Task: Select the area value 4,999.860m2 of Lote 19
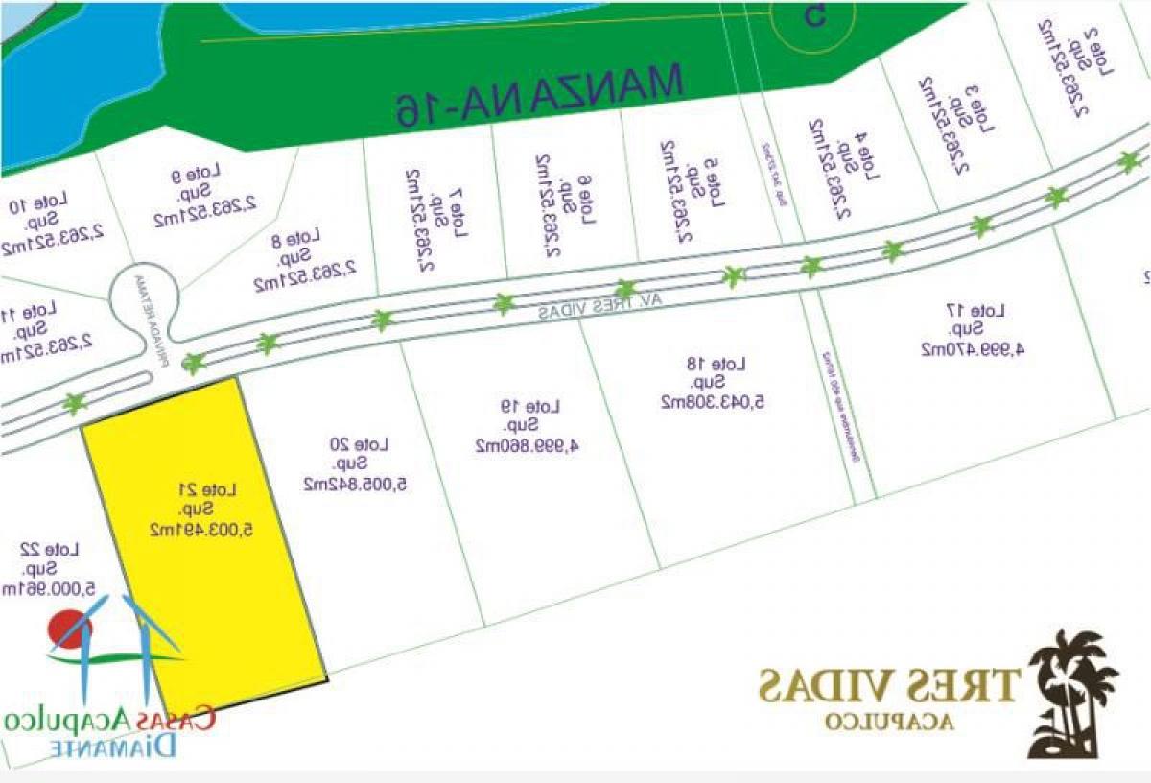[530, 445]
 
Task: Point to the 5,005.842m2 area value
[357, 484]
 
